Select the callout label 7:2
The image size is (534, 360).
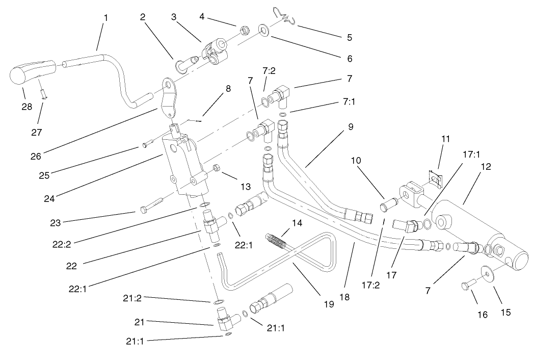click(268, 68)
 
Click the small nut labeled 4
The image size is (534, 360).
click(244, 30)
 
